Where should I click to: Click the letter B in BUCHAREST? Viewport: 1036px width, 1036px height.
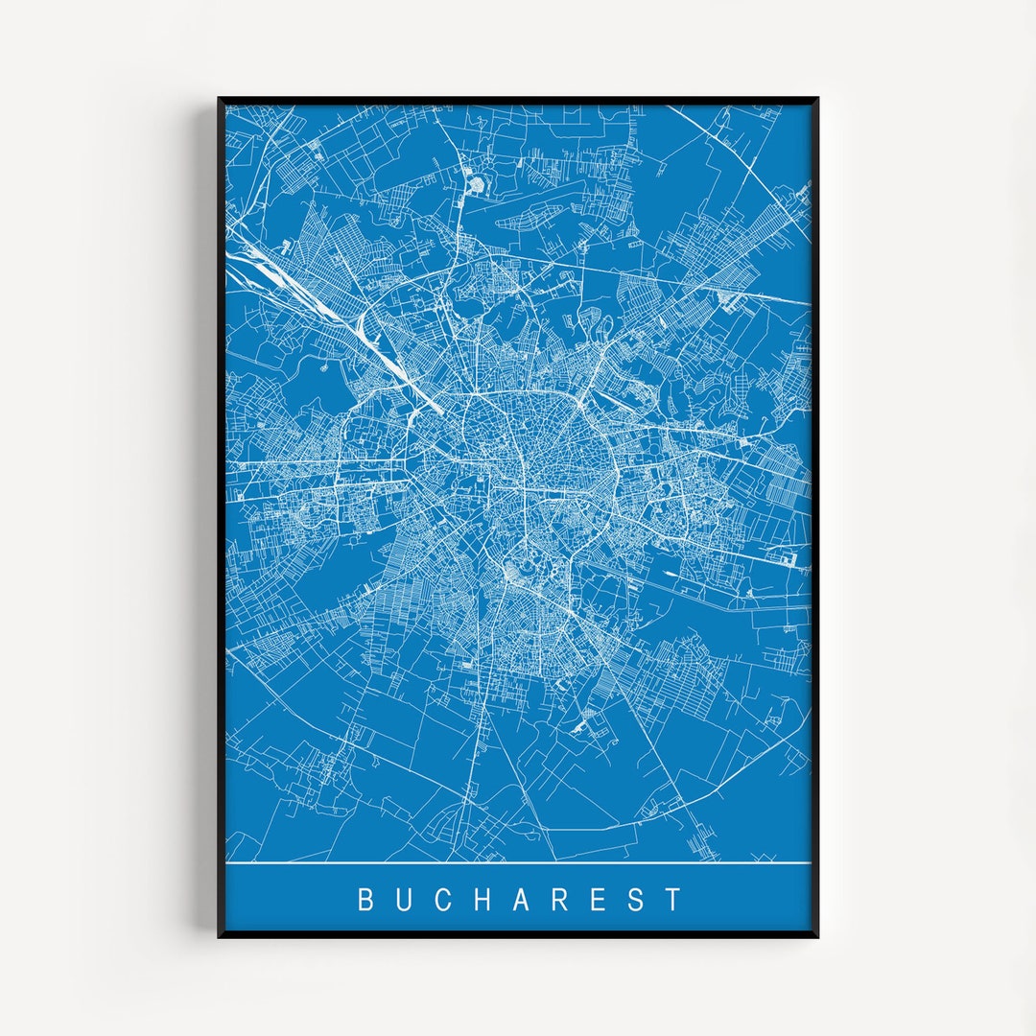click(x=365, y=900)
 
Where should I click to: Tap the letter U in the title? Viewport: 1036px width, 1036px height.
click(x=405, y=900)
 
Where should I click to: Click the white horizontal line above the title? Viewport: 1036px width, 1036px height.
click(x=518, y=862)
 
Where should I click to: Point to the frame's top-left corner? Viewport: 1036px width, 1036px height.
click(x=220, y=99)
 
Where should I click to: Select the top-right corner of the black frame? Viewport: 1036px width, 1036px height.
click(x=816, y=99)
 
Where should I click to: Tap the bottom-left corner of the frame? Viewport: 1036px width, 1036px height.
click(x=220, y=935)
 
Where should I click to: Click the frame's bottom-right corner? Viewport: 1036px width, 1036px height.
click(x=816, y=935)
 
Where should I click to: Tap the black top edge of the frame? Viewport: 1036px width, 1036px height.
click(x=518, y=100)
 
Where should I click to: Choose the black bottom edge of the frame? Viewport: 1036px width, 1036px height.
click(x=518, y=934)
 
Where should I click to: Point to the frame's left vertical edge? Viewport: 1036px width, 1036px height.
click(x=222, y=518)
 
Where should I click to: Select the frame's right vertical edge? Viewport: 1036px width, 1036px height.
click(x=814, y=518)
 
